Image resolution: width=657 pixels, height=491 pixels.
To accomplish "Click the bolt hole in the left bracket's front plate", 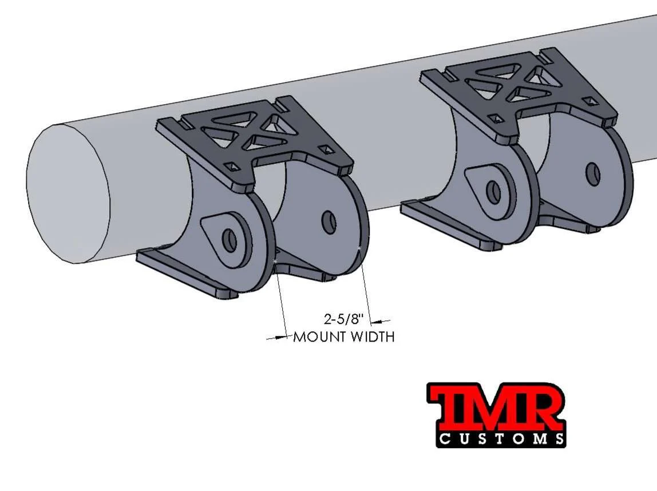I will [x=230, y=241].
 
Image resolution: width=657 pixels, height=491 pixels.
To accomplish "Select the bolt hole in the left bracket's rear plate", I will [x=328, y=223].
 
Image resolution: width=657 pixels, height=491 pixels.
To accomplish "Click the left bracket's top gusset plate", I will [x=252, y=137].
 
